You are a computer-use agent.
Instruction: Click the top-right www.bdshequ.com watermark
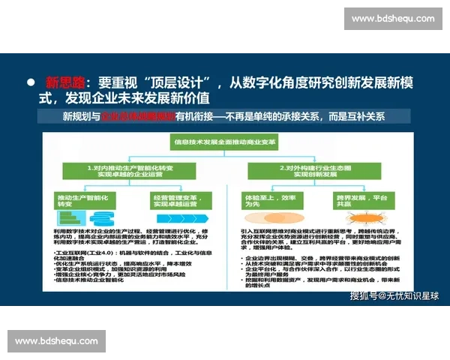[x=392, y=19]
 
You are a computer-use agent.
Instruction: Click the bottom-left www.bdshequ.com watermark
[x=56, y=341]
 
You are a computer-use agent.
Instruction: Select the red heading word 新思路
[x=66, y=82]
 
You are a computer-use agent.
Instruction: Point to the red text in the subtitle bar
[x=138, y=117]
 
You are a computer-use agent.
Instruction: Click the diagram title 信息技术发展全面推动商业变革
[x=224, y=140]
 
